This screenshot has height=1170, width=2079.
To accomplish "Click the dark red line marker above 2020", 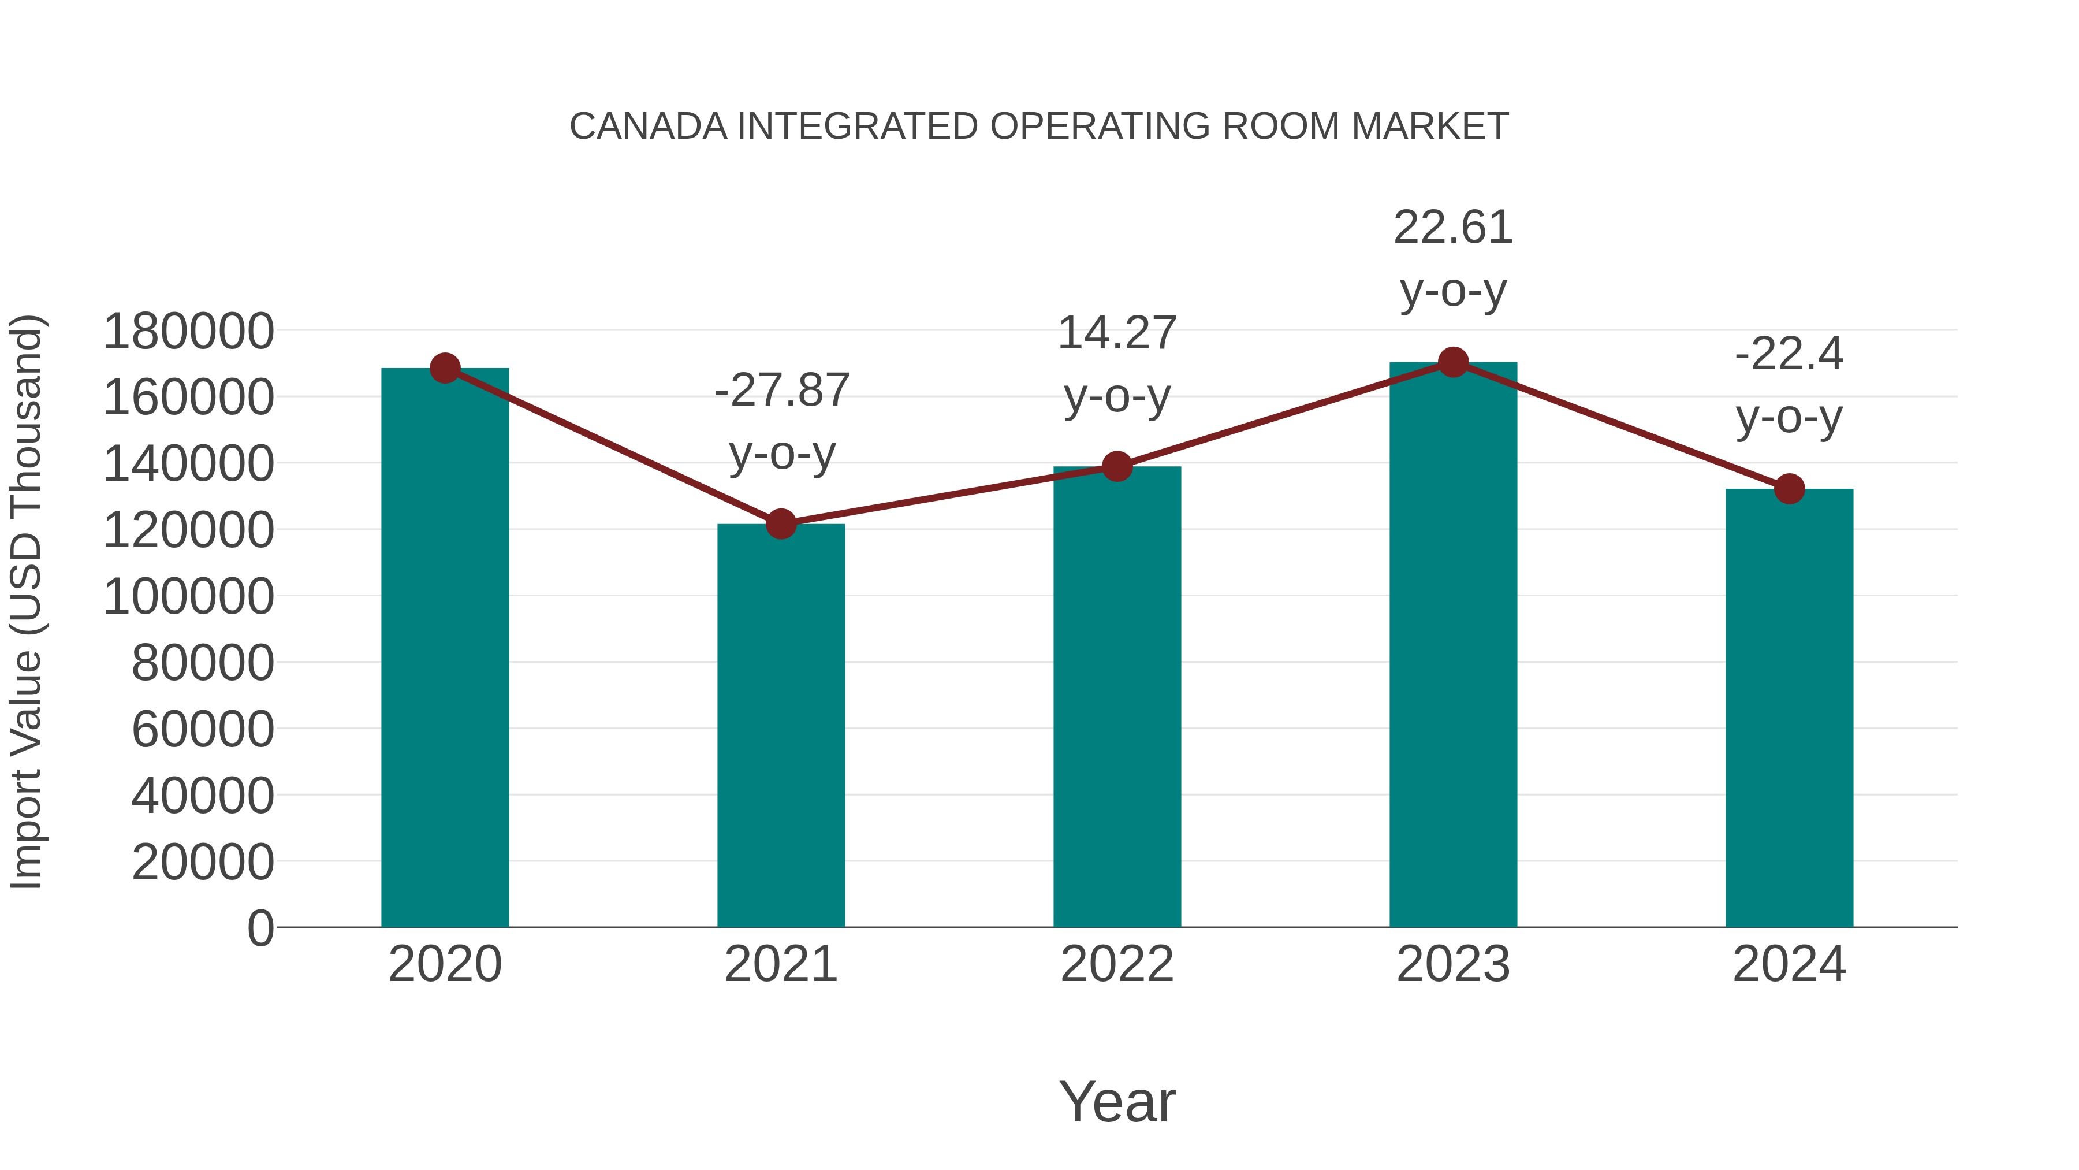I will coord(445,368).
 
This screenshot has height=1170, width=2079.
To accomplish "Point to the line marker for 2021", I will coord(780,524).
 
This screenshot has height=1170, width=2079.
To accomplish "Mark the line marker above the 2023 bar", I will coord(1453,362).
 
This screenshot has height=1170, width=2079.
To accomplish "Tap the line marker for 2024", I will coord(1789,488).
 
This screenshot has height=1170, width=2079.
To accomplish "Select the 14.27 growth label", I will coord(1117,333).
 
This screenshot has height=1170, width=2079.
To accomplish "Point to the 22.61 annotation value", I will coord(1453,228).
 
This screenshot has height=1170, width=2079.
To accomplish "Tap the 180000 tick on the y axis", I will coord(189,332).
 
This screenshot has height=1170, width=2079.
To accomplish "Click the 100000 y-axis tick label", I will coord(189,597).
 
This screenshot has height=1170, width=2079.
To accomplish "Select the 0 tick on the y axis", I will coord(260,928).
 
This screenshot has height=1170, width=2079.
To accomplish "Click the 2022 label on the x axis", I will coord(1117,965).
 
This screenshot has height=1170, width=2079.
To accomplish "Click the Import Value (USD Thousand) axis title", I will coord(26,601).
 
